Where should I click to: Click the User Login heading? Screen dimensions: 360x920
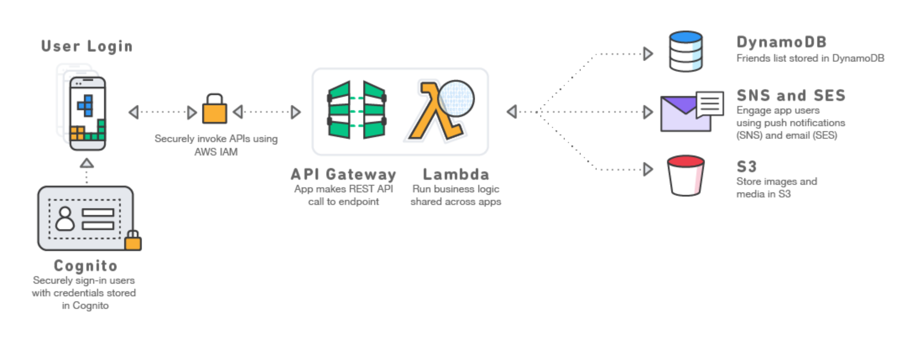click(87, 46)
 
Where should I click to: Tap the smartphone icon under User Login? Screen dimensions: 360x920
click(87, 113)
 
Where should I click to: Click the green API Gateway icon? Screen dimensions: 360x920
click(357, 110)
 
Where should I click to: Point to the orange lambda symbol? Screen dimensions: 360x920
click(434, 111)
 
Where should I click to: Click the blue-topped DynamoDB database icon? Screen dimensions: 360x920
click(685, 51)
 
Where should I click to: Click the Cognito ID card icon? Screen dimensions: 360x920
click(86, 218)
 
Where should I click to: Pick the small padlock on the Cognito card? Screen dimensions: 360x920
click(133, 241)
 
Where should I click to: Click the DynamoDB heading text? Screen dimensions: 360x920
click(781, 42)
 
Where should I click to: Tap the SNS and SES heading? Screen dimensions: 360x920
click(791, 96)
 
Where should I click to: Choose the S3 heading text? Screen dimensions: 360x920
click(746, 167)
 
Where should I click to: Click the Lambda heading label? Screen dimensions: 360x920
click(456, 174)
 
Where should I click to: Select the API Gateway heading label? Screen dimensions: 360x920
click(343, 174)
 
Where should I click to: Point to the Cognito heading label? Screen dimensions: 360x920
click(86, 266)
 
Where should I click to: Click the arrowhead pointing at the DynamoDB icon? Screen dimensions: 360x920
click(648, 54)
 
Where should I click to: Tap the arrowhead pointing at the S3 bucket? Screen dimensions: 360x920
click(648, 169)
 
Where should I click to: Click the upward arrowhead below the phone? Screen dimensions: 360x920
click(87, 163)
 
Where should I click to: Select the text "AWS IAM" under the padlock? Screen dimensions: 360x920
click(216, 152)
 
